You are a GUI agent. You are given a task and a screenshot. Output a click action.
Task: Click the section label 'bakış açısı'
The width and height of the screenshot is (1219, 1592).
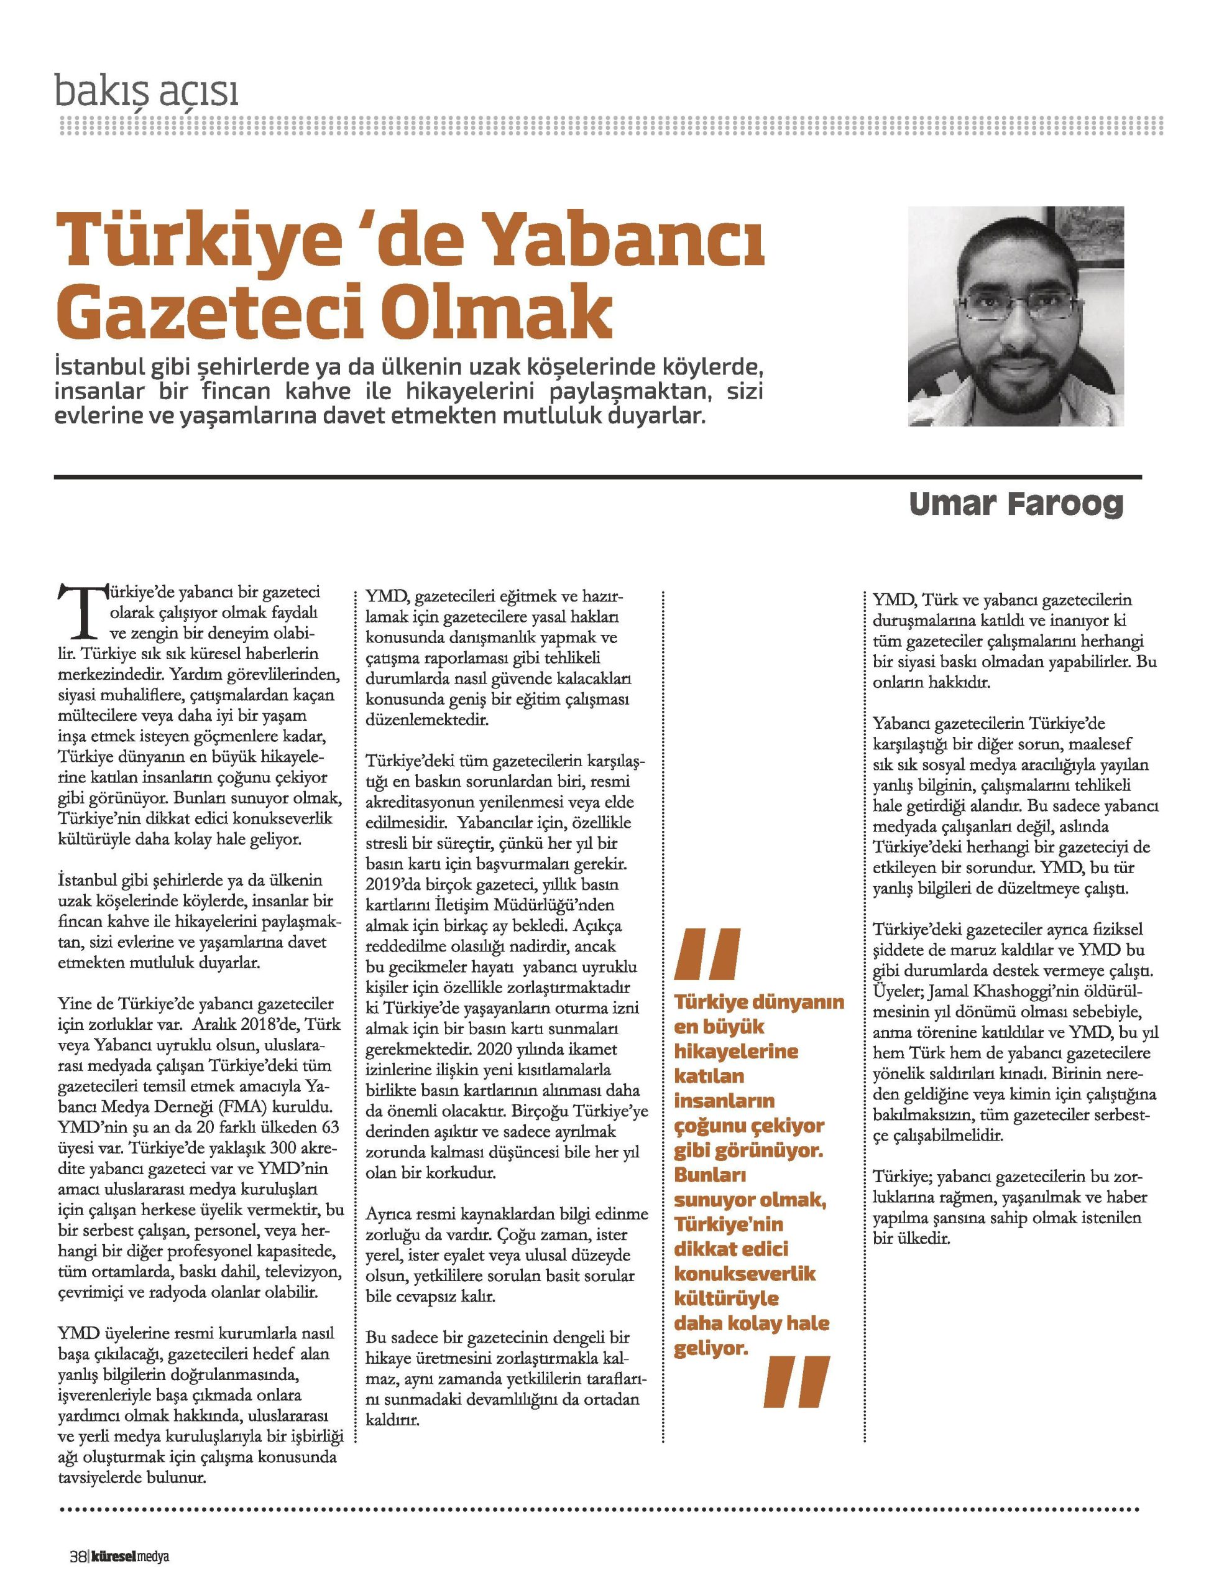(x=147, y=93)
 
